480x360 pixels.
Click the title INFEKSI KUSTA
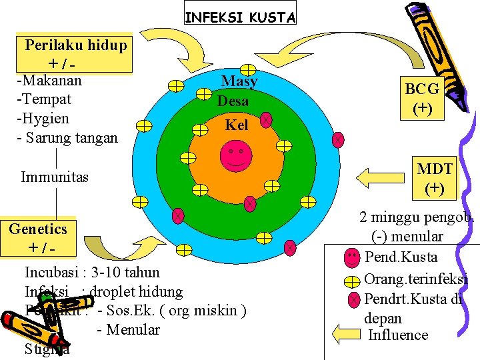coord(239,17)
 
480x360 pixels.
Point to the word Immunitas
coord(55,177)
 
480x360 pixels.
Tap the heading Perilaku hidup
coord(75,45)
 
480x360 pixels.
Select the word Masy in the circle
coord(239,81)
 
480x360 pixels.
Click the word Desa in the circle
coord(233,101)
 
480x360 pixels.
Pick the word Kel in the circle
coord(236,125)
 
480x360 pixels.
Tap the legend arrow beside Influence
coord(345,334)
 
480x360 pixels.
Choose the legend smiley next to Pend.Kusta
coord(353,257)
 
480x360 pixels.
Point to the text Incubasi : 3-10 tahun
coord(92,272)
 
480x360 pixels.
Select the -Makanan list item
coord(49,81)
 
